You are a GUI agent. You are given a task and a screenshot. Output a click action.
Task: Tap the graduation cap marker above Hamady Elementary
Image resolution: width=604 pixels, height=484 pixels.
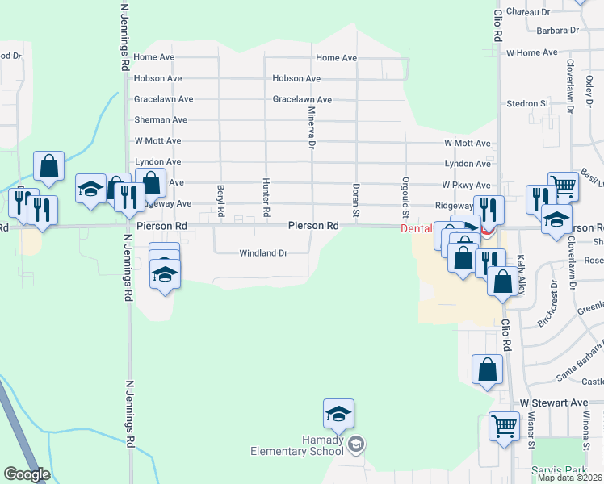338,415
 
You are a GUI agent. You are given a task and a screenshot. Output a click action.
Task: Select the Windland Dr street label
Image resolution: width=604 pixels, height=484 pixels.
263,253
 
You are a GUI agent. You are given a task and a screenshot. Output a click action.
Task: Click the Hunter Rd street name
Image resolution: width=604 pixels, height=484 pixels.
265,198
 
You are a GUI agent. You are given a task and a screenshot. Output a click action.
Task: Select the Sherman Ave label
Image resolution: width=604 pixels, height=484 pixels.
161,119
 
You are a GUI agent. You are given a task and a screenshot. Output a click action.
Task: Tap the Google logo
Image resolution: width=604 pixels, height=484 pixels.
27,474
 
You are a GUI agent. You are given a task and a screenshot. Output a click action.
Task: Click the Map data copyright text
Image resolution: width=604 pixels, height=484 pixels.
569,478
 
